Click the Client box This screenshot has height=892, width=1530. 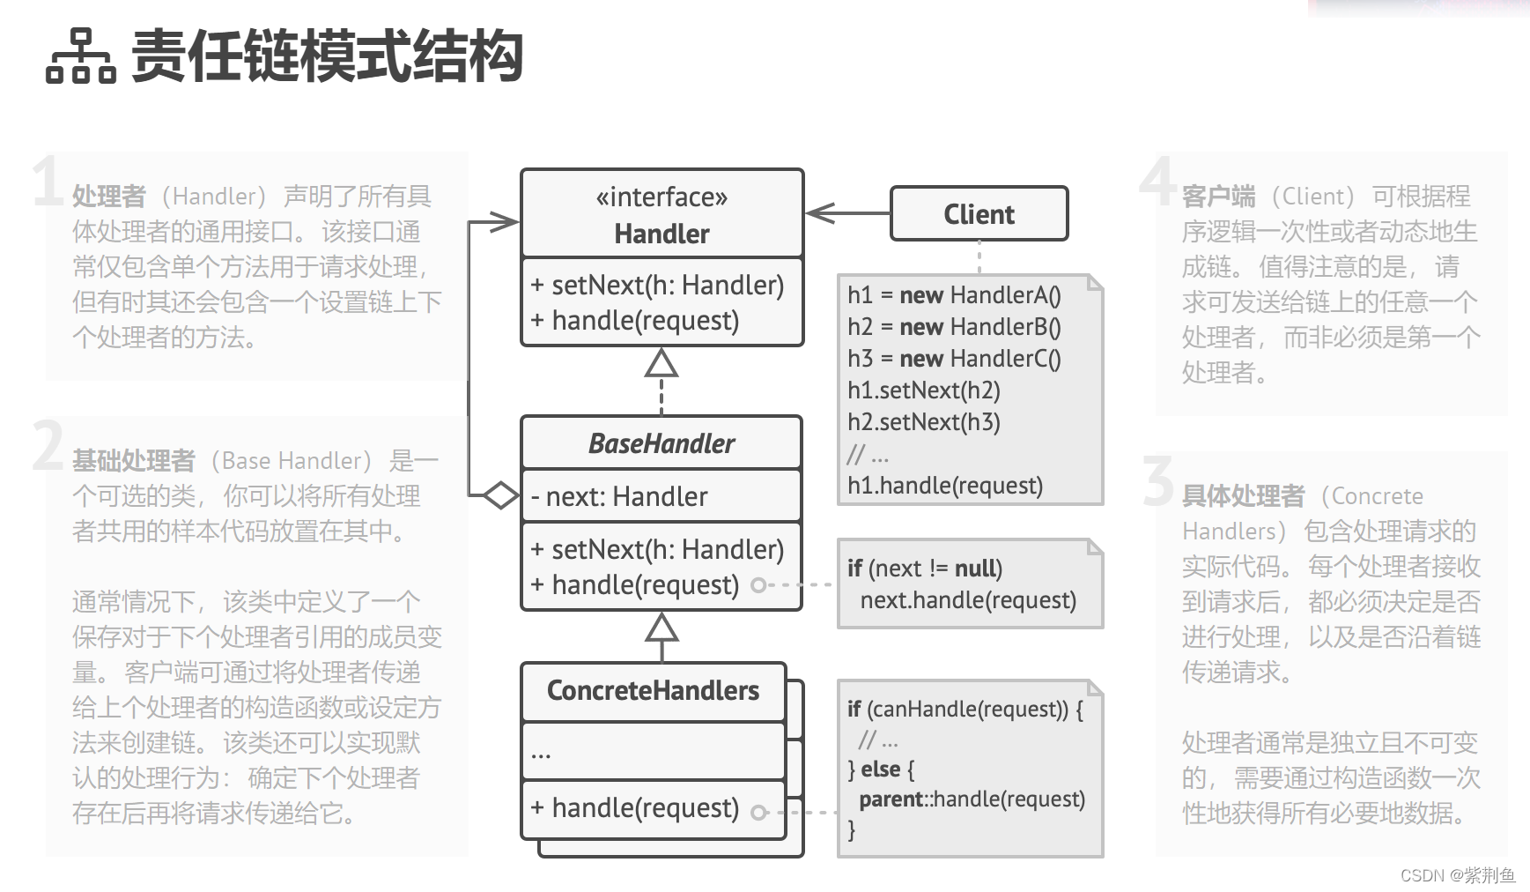pyautogui.click(x=979, y=213)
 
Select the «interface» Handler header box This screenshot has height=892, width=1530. pyautogui.click(x=662, y=214)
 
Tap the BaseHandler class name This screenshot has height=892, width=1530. pyautogui.click(x=662, y=443)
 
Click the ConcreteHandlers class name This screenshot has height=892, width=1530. pyautogui.click(x=653, y=691)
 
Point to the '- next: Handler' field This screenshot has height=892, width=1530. pyautogui.click(x=626, y=497)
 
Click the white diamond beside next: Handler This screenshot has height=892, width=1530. pyautogui.click(x=500, y=495)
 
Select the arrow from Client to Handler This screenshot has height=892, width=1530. pyautogui.click(x=846, y=213)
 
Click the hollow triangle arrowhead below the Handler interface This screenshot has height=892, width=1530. pyautogui.click(x=662, y=363)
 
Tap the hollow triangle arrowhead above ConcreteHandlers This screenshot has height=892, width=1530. pyautogui.click(x=662, y=628)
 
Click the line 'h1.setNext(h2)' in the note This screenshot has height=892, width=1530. pyautogui.click(x=924, y=390)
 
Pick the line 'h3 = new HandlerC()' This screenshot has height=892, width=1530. pyautogui.click(x=954, y=359)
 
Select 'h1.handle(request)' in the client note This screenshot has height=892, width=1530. pyautogui.click(x=945, y=486)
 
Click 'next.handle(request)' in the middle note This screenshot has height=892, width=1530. pyautogui.click(x=968, y=600)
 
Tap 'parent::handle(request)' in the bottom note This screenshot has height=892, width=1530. pyautogui.click(x=972, y=799)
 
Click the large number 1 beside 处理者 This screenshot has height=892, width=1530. pyautogui.click(x=47, y=182)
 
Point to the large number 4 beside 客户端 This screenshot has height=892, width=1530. pyautogui.click(x=1157, y=182)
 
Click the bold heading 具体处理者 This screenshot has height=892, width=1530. pyautogui.click(x=1243, y=496)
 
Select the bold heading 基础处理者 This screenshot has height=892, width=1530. pyautogui.click(x=133, y=461)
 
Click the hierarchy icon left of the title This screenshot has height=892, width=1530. pyautogui.click(x=80, y=56)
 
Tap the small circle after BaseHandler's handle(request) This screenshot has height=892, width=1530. pyautogui.click(x=758, y=585)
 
